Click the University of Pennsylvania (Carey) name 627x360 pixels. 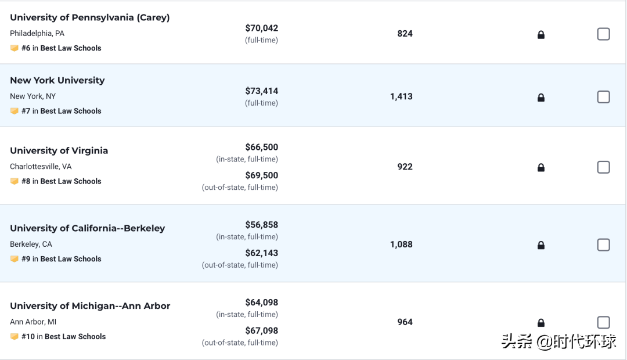click(90, 17)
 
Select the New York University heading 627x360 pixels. click(57, 80)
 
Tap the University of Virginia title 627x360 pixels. click(59, 150)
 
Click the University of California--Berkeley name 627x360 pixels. click(88, 228)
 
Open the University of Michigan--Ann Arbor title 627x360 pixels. click(90, 306)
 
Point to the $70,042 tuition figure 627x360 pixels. click(261, 28)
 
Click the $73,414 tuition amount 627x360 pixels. click(261, 91)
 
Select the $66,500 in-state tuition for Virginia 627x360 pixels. click(261, 147)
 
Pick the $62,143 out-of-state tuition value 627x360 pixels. click(261, 253)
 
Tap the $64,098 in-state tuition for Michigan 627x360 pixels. click(261, 303)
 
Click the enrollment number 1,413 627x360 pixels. click(401, 97)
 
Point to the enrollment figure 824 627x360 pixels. click(405, 34)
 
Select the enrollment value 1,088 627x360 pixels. click(401, 244)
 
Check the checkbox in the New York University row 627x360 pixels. click(604, 97)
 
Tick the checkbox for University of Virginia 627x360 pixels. click(604, 167)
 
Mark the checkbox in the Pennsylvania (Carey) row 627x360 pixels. click(604, 34)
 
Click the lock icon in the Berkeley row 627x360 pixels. click(541, 245)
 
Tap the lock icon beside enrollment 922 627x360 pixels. click(541, 168)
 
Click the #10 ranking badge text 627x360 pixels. click(63, 337)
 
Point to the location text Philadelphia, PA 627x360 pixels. click(37, 34)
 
